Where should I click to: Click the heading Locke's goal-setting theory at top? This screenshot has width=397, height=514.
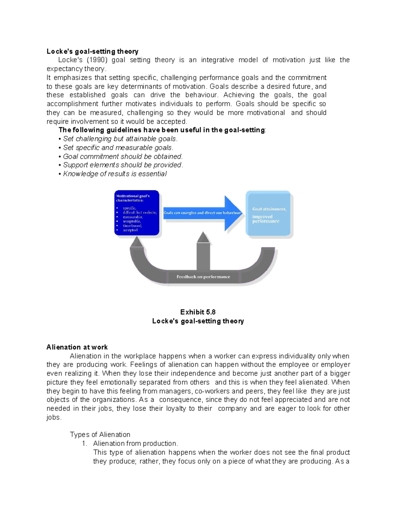tap(92, 51)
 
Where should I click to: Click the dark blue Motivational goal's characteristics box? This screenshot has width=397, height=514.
tap(137, 213)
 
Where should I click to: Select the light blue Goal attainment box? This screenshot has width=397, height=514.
tap(268, 213)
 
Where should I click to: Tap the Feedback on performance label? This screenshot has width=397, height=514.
tap(203, 277)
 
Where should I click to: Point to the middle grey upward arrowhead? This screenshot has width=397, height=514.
tap(203, 237)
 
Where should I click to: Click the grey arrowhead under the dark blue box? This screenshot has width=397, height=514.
tap(137, 243)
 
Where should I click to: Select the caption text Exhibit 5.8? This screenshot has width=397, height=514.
tap(198, 312)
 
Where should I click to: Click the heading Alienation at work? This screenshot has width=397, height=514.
tap(77, 347)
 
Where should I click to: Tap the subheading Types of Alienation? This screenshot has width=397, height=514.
tap(100, 435)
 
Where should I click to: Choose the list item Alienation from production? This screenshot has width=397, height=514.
tap(135, 444)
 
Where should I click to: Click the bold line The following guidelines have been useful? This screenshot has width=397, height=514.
tap(162, 130)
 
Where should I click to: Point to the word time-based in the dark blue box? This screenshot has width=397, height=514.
tap(132, 226)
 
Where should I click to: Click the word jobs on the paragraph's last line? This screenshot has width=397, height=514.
tap(53, 417)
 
